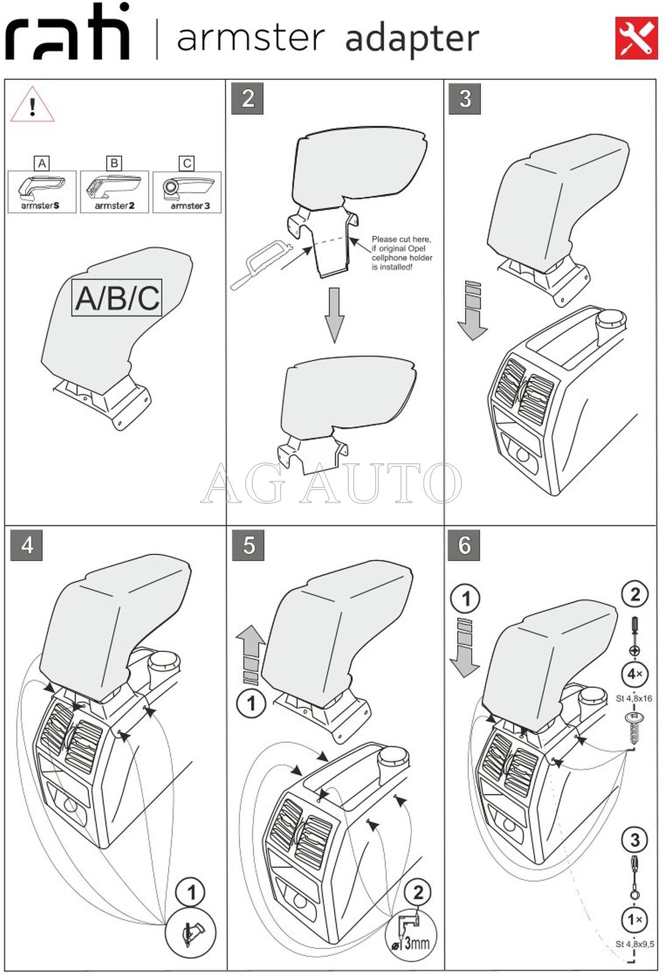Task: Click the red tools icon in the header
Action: [636, 38]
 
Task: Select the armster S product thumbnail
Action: [42, 192]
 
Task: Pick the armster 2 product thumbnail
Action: [115, 192]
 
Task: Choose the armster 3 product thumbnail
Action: [187, 192]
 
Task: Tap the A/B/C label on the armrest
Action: [117, 298]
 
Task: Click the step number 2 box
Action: [247, 99]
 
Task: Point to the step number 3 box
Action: [464, 99]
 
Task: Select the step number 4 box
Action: [27, 545]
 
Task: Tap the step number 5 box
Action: [248, 545]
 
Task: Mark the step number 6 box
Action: [464, 545]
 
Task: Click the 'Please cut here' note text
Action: [402, 253]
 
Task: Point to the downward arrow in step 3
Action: [472, 310]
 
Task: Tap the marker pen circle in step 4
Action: [191, 932]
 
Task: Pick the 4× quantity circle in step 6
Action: [635, 674]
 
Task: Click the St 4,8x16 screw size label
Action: [634, 698]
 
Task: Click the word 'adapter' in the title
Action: [412, 38]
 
